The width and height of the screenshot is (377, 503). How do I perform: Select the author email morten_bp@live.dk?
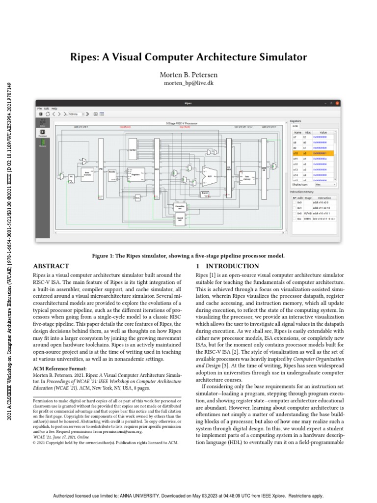188,84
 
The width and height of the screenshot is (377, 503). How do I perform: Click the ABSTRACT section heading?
51,266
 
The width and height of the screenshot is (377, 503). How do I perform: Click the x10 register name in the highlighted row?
296,153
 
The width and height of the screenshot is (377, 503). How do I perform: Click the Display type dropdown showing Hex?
325,185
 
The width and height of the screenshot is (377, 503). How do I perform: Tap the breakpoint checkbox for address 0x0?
293,202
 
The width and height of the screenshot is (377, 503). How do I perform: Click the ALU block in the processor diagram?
210,175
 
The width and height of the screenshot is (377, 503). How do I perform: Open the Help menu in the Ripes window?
54,109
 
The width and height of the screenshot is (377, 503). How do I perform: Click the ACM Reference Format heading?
59,368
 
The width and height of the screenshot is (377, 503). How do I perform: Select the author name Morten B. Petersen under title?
188,75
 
